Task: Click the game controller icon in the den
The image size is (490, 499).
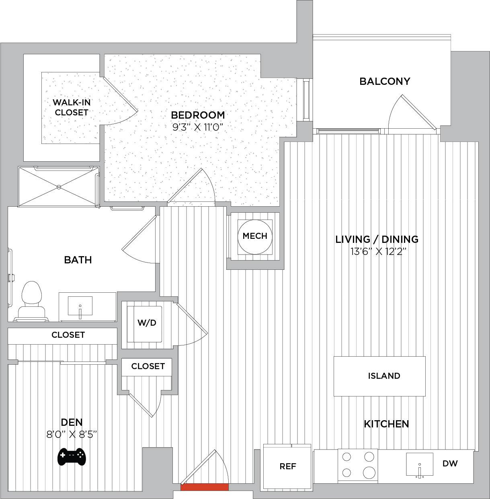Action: coord(71,456)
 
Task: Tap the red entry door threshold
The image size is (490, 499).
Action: coord(204,487)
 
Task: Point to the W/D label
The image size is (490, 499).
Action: coord(147,322)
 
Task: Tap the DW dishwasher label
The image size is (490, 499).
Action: coord(450,463)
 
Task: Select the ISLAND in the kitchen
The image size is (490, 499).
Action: coord(379,376)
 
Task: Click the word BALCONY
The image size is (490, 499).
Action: coord(385,81)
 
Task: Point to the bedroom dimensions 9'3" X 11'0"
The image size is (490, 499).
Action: coord(198,127)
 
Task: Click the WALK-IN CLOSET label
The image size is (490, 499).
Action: coord(72,107)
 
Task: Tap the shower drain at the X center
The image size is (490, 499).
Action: coord(59,187)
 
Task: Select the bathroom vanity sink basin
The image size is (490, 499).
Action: coord(80,306)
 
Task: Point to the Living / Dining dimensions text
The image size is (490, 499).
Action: coord(377,251)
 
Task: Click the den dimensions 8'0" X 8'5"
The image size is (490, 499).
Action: coord(72,434)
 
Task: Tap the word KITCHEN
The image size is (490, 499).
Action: coord(386,424)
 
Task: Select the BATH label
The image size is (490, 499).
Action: coord(78,260)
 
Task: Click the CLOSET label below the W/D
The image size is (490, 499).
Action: coord(148,366)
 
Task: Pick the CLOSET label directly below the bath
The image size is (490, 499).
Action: coord(68,335)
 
